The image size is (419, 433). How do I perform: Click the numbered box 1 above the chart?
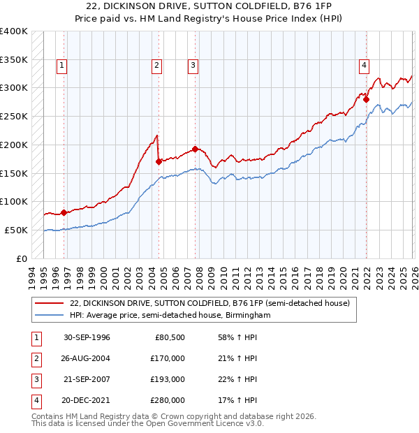[62, 66]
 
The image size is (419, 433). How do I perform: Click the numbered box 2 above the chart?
[156, 66]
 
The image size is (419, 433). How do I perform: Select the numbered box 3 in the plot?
[192, 66]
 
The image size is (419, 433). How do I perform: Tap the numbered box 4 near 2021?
[364, 66]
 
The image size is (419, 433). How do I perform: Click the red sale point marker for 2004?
[159, 161]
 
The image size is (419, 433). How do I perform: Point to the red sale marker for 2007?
[195, 149]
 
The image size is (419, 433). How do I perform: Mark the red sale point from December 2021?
[366, 99]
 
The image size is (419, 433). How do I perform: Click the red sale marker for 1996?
[64, 212]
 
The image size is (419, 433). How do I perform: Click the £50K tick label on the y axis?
[16, 230]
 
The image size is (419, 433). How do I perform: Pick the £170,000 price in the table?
[168, 358]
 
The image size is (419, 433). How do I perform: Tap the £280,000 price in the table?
[168, 400]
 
